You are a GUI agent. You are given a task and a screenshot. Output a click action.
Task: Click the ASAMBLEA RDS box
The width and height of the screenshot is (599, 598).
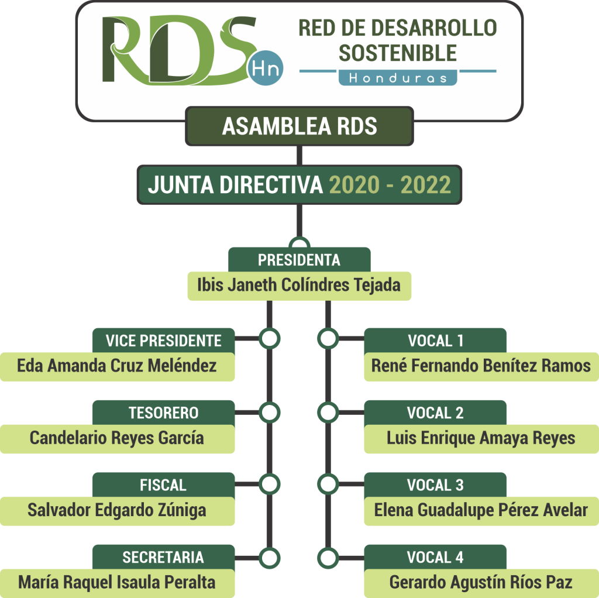299,126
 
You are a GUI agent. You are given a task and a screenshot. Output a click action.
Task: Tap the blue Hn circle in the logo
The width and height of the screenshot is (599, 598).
267,68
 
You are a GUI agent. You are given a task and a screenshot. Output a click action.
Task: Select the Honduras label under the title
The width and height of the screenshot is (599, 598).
398,77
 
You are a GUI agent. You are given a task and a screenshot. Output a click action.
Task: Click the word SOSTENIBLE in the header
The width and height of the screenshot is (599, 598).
398,53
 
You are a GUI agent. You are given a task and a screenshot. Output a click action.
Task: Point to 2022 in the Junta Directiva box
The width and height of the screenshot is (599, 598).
426,185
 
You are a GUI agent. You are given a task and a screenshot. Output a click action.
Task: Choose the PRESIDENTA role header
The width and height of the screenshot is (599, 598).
299,259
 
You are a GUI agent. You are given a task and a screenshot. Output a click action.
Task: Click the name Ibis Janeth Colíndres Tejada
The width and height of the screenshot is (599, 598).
299,285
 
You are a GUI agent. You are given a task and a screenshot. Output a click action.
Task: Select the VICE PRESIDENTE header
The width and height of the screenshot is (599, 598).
163,341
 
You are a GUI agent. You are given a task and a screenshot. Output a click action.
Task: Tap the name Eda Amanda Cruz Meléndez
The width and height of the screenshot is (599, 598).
117,366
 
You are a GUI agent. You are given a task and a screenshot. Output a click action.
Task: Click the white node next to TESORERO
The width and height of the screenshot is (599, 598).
269,412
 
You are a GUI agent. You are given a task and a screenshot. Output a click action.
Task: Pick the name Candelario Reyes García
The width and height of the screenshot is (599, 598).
117,438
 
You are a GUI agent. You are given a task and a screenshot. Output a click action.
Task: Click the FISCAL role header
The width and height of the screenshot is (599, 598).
163,485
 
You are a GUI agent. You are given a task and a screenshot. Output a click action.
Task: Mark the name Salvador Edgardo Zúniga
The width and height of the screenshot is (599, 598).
117,510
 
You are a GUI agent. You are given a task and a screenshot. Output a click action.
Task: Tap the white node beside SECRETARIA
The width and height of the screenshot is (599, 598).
269,557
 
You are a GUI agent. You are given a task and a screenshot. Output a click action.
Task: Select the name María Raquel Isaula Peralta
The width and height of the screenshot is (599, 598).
117,582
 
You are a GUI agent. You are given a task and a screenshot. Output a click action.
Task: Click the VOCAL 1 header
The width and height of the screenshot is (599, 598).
435,341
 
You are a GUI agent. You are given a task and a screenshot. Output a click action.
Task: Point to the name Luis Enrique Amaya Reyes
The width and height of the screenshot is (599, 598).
481,438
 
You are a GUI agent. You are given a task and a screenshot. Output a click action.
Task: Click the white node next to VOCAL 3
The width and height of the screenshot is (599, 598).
328,484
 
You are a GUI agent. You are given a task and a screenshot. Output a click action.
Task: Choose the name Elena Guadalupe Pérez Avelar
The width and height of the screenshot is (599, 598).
481,510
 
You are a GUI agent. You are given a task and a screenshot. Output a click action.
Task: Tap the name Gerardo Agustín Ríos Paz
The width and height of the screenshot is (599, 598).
481,582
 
